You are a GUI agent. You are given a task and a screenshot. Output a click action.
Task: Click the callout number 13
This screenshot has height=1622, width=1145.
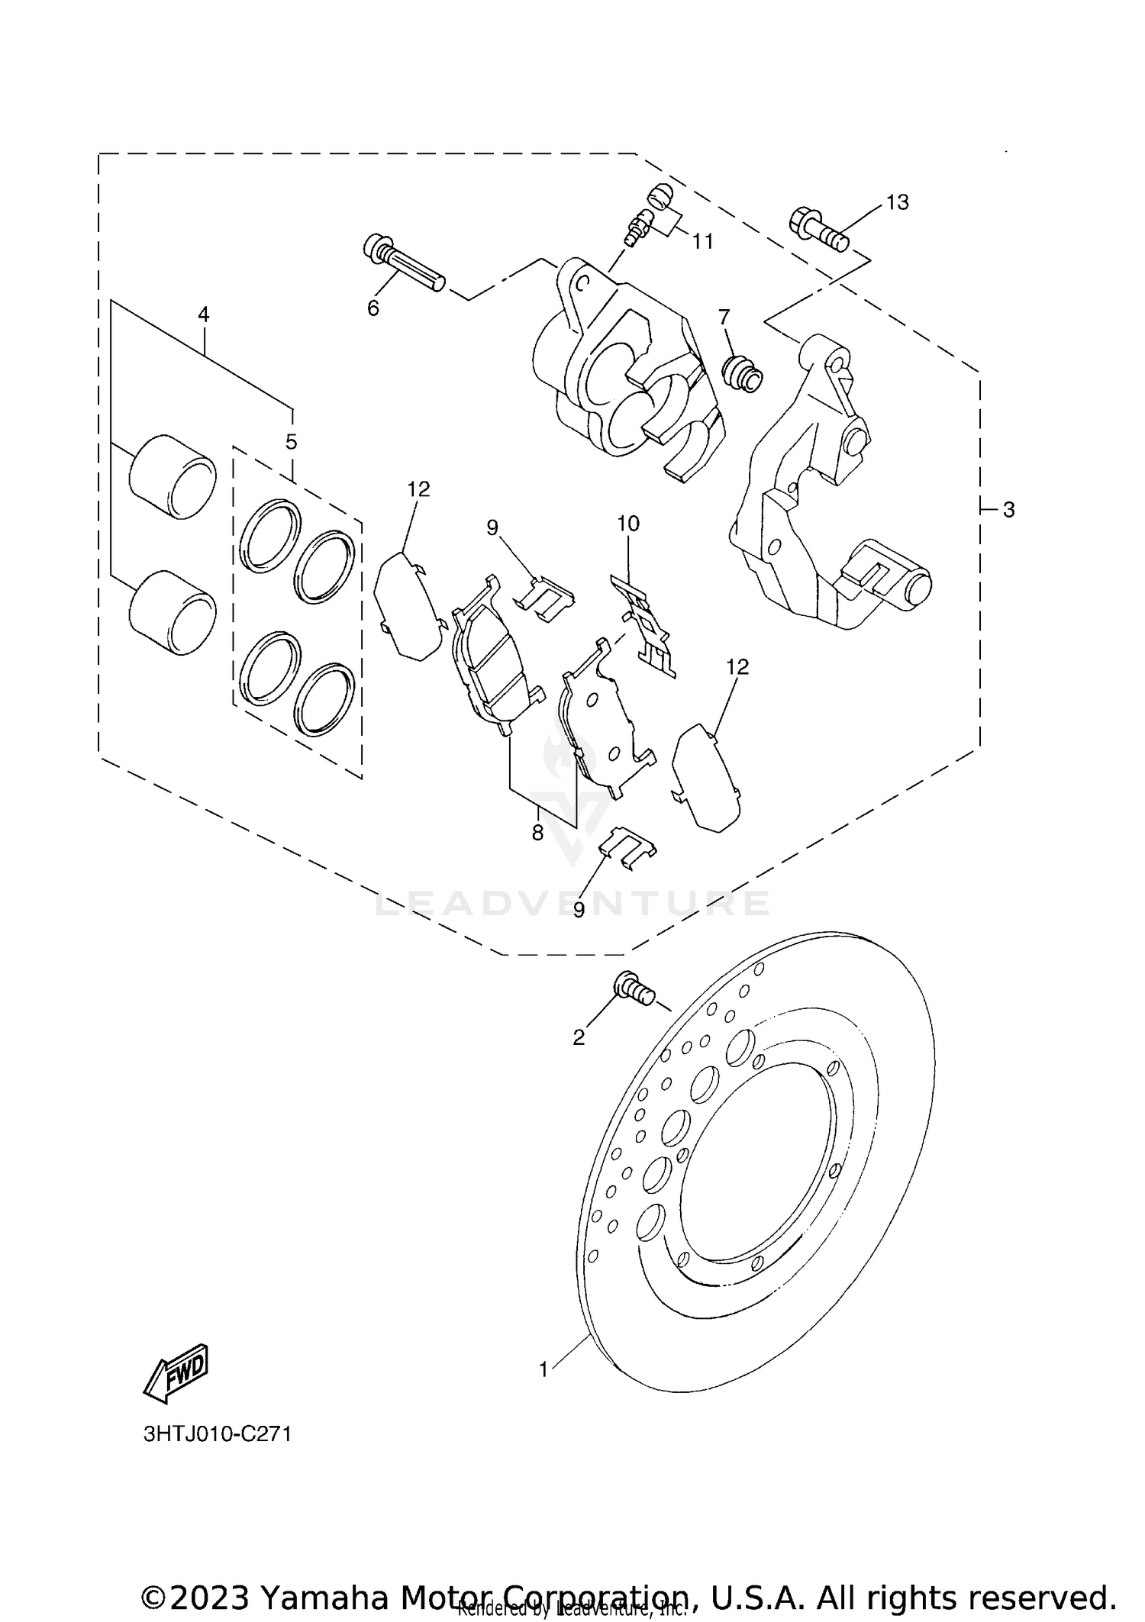click(898, 202)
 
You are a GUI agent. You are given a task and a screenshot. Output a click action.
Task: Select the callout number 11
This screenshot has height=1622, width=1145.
click(702, 242)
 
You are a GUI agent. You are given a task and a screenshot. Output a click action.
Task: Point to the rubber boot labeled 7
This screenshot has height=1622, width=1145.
click(742, 372)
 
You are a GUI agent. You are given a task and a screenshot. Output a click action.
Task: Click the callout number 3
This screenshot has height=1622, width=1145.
click(1008, 510)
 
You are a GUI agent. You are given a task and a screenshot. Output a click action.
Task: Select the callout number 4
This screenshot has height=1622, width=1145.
click(203, 314)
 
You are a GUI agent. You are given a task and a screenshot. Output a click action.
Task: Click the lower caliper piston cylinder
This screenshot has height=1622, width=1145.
click(173, 613)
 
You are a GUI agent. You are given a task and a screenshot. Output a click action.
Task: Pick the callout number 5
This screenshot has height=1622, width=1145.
click(291, 442)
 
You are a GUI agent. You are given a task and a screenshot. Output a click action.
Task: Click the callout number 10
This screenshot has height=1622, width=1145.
click(628, 524)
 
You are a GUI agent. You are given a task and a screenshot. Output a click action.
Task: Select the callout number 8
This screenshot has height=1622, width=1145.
click(537, 833)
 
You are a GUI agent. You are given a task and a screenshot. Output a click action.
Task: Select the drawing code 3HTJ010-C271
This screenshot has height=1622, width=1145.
click(218, 1433)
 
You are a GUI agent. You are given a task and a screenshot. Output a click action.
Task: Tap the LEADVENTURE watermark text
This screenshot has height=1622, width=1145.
click(572, 905)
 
